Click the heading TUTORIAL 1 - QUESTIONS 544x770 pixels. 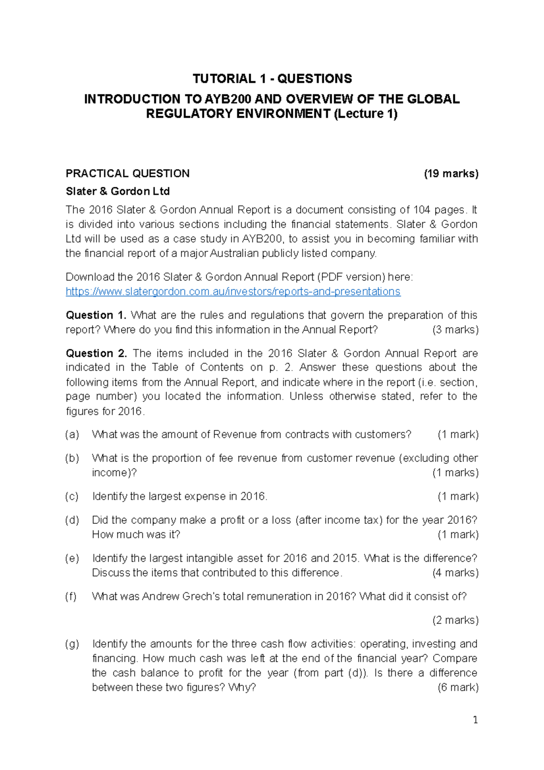(x=272, y=79)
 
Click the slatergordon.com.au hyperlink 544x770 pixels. (x=233, y=292)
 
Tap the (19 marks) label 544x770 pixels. (x=451, y=174)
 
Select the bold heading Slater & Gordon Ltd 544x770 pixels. (x=118, y=191)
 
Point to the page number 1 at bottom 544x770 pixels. (x=475, y=720)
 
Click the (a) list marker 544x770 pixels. (x=72, y=434)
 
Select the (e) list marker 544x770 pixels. (x=72, y=558)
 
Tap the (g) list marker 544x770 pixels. (x=72, y=644)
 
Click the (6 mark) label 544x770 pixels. (x=458, y=687)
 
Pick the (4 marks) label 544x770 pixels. (x=455, y=573)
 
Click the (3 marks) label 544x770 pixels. (x=455, y=330)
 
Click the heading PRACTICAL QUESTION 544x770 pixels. (x=128, y=174)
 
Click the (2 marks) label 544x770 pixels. (x=455, y=620)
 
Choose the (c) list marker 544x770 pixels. (x=72, y=497)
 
